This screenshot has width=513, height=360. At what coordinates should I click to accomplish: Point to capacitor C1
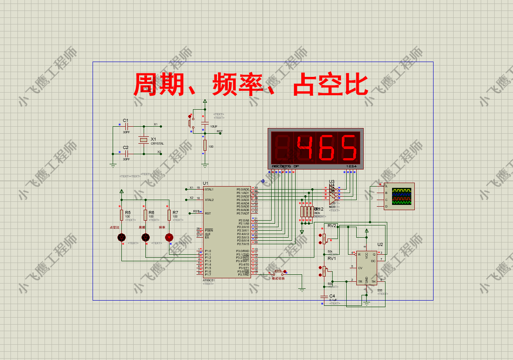coord(126,126)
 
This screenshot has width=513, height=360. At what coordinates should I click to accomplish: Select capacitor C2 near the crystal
coord(126,154)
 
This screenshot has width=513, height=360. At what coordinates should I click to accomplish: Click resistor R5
coord(122,215)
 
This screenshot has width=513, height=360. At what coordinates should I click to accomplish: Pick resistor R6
coord(145,215)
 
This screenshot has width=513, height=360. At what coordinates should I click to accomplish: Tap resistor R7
coord(169,215)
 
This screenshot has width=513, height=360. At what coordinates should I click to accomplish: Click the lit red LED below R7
coord(169,238)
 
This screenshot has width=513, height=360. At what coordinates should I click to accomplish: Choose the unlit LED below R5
coord(122,238)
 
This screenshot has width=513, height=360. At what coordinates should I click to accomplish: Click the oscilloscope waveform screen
coord(402,196)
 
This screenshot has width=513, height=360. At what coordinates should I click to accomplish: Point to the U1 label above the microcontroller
coord(206,183)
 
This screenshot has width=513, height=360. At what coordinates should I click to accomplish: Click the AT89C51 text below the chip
coord(208,280)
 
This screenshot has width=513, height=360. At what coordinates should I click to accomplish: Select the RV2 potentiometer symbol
coord(324,239)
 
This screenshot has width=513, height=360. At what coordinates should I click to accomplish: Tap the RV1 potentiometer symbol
coord(324,272)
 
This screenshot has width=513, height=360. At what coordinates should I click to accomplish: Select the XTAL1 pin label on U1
coord(209,189)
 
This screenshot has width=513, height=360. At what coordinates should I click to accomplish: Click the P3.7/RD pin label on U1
coord(243,275)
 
